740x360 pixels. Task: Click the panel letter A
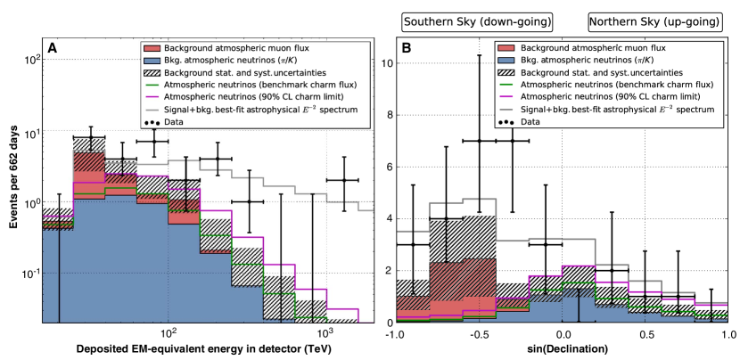[x=53, y=48]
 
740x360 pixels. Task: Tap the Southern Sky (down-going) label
[x=477, y=21]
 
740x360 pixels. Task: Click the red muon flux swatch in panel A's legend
[x=151, y=47]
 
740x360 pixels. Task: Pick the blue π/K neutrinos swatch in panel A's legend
[x=151, y=60]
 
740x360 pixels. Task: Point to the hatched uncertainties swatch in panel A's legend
[x=151, y=72]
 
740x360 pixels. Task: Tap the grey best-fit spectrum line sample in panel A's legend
[x=151, y=109]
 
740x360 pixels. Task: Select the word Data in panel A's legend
[x=174, y=121]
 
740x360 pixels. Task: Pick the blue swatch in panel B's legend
[x=506, y=60]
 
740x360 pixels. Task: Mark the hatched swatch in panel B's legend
[x=506, y=72]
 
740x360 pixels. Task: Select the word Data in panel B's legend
[x=530, y=121]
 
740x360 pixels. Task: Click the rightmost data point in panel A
[x=343, y=180]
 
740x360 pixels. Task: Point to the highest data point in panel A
[x=90, y=138]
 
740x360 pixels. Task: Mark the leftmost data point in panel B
[x=412, y=243]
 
